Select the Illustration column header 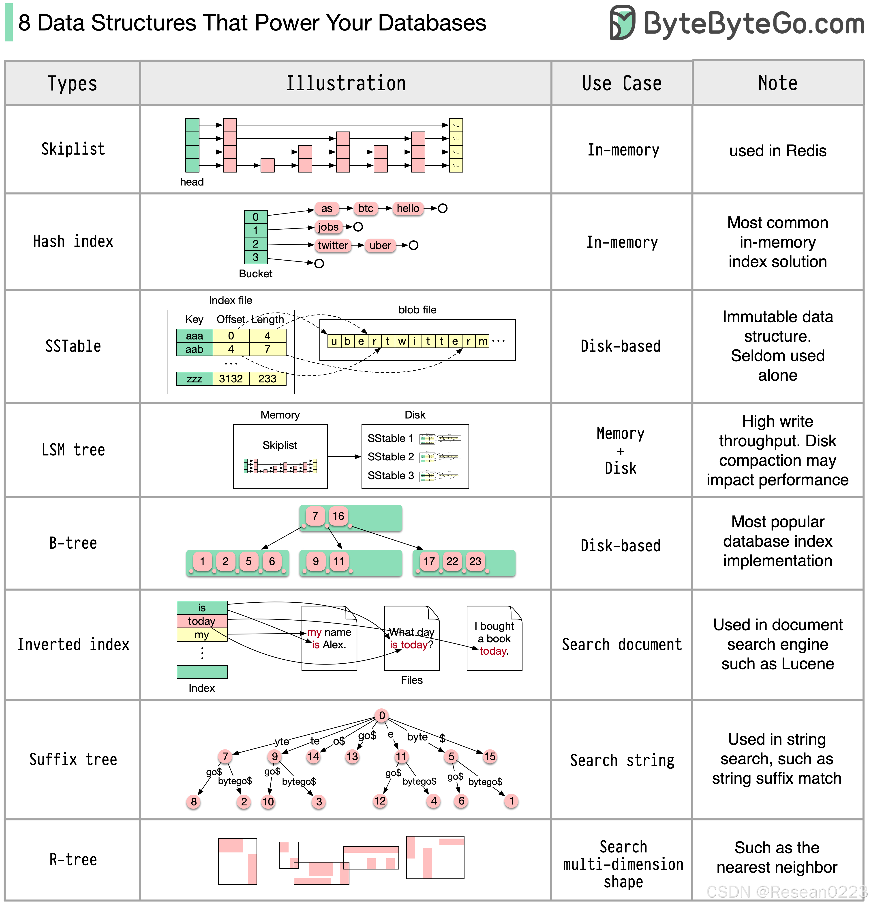(346, 83)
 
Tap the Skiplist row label (73, 149)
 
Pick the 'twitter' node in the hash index (333, 246)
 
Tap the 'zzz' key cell (195, 379)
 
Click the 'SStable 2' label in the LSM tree (390, 457)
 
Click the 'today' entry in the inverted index (202, 621)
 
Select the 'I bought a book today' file (494, 638)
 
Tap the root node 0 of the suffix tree (382, 716)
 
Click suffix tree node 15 (490, 757)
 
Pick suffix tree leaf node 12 (380, 801)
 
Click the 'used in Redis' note (777, 151)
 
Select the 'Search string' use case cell (622, 760)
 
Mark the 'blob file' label (417, 310)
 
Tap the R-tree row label (73, 860)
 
